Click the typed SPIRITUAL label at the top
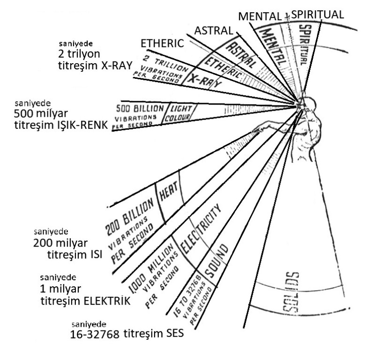point(318,15)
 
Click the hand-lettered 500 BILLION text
point(138,106)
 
